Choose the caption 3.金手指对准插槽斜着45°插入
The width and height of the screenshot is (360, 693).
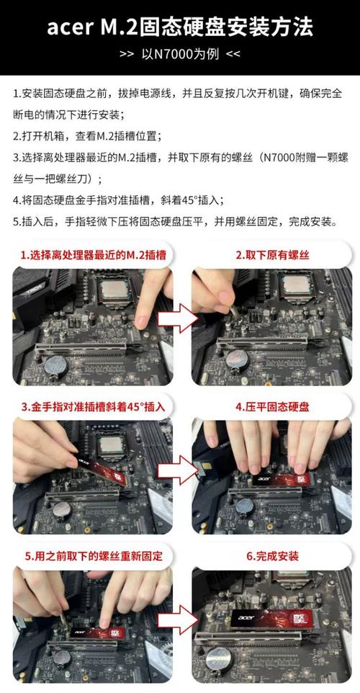(x=93, y=406)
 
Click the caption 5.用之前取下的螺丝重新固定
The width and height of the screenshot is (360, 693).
(x=91, y=556)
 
